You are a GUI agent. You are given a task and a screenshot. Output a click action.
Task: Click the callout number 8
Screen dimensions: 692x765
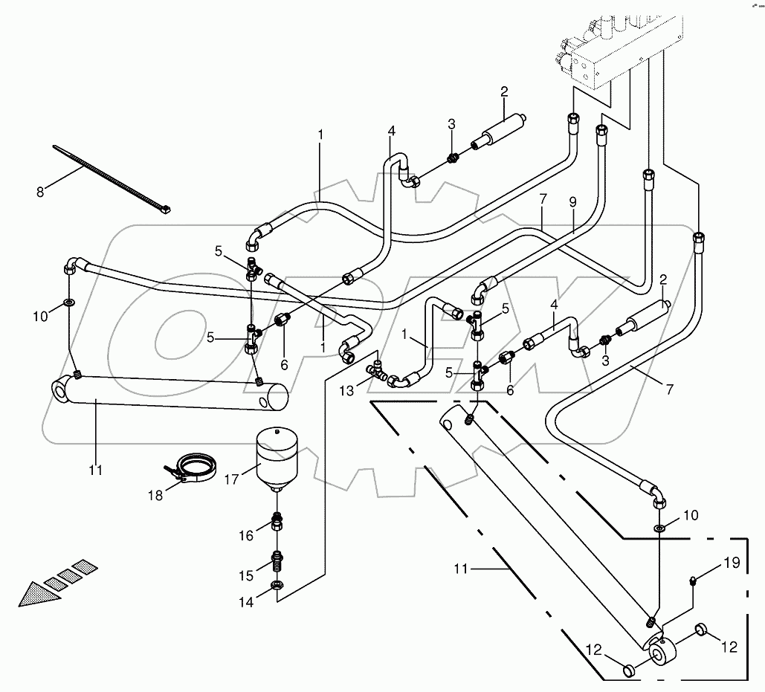40,191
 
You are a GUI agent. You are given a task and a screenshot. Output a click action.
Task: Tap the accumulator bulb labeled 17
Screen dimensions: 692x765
276,456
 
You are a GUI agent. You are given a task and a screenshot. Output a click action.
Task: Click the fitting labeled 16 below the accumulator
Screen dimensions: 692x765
277,522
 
